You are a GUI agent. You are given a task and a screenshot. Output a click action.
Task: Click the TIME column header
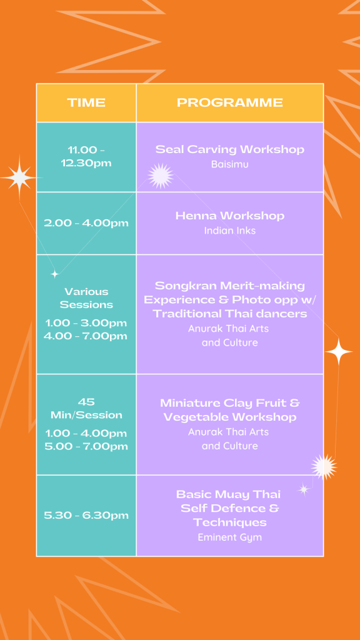[x=86, y=102]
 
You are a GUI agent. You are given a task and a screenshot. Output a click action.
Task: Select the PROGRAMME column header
[x=230, y=102]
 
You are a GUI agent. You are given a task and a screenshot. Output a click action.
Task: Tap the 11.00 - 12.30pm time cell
[x=86, y=157]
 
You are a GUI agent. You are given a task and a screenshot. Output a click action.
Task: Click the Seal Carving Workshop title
[x=230, y=149]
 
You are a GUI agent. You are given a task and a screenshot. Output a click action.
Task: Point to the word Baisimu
[x=230, y=164]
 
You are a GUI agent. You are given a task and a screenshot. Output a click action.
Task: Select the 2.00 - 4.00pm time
[x=86, y=223]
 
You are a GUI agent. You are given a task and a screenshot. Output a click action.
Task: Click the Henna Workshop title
[x=230, y=216]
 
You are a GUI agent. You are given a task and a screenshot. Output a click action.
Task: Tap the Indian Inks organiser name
[x=230, y=231]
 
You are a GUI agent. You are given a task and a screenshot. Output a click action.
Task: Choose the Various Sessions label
[x=86, y=298]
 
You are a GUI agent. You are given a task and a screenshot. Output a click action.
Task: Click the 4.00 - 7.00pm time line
[x=86, y=336]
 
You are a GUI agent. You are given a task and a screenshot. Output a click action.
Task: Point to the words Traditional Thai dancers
[x=230, y=314]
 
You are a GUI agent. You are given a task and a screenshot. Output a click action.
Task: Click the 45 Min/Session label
[x=86, y=409]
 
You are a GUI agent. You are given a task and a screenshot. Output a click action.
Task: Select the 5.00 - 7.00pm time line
[x=86, y=446]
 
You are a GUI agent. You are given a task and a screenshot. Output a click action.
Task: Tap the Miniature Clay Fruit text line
[x=230, y=403]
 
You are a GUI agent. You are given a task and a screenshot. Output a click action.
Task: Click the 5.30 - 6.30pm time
[x=86, y=516]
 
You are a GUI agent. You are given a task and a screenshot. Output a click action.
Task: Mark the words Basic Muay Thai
[x=229, y=495]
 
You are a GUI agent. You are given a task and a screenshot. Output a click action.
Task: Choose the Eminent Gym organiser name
[x=230, y=537]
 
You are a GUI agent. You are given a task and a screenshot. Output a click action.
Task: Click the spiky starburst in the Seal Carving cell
[x=161, y=176]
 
